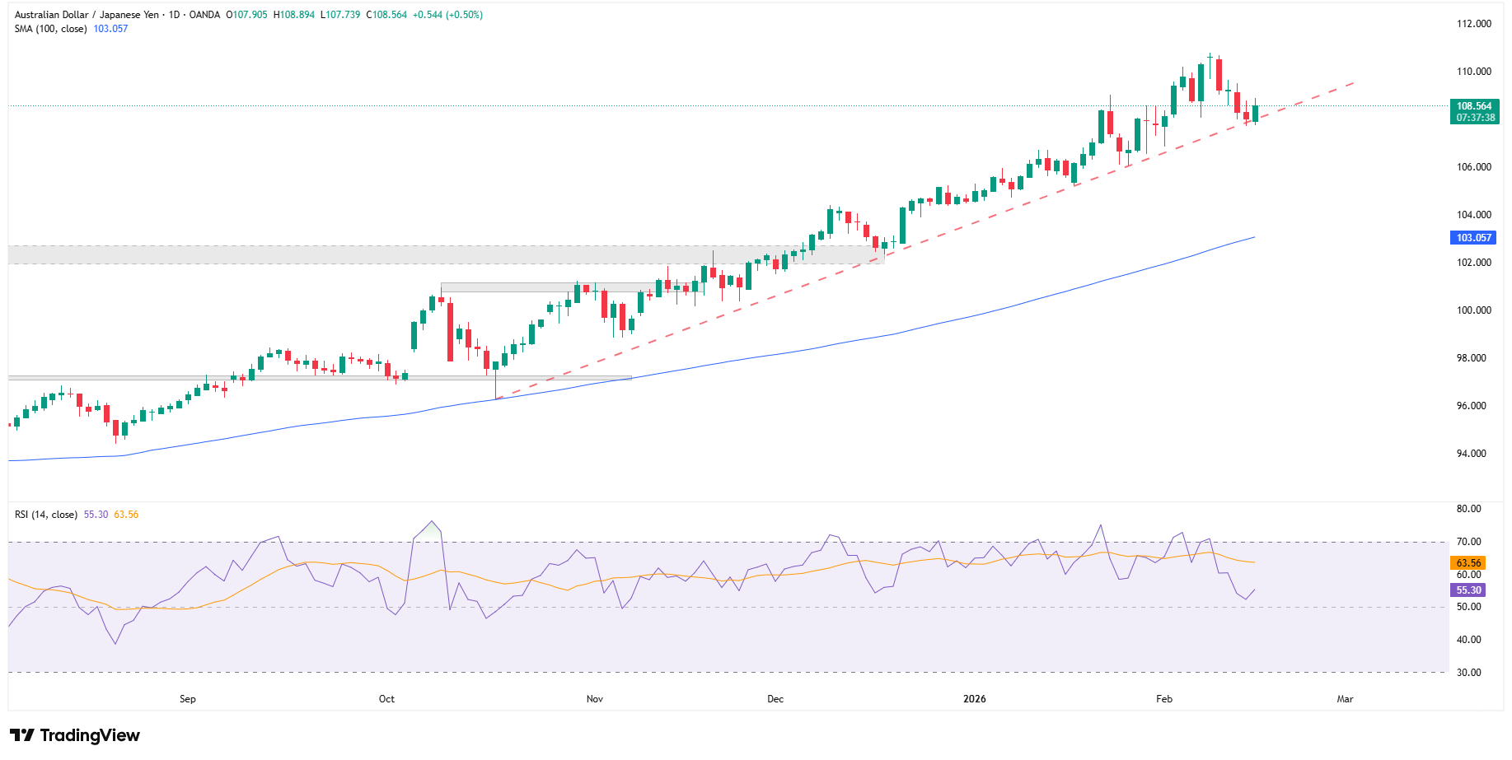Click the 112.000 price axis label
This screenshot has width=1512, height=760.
(x=1473, y=24)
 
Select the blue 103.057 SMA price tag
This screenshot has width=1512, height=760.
(x=1473, y=238)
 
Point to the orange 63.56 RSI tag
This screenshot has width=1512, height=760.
(x=1468, y=563)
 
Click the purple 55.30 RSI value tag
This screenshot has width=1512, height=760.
(x=1468, y=590)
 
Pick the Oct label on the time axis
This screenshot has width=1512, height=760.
(x=386, y=699)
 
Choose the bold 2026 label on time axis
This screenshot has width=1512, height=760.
(x=975, y=699)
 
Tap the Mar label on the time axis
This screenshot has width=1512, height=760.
(x=1345, y=699)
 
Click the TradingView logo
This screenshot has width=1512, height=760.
(x=75, y=735)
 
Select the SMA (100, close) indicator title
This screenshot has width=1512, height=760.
(x=50, y=29)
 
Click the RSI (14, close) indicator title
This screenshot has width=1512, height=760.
(x=46, y=515)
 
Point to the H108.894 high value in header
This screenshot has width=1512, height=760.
(x=294, y=15)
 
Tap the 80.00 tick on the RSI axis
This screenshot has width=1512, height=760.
(x=1468, y=509)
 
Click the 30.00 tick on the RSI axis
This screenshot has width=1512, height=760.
(x=1468, y=673)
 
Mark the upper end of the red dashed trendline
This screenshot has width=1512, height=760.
(x=1354, y=82)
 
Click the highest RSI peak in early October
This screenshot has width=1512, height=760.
(x=431, y=521)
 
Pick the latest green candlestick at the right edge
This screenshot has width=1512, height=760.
(x=1255, y=113)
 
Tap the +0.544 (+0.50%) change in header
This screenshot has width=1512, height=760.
(x=447, y=15)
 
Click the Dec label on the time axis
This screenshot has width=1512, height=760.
(x=775, y=699)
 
